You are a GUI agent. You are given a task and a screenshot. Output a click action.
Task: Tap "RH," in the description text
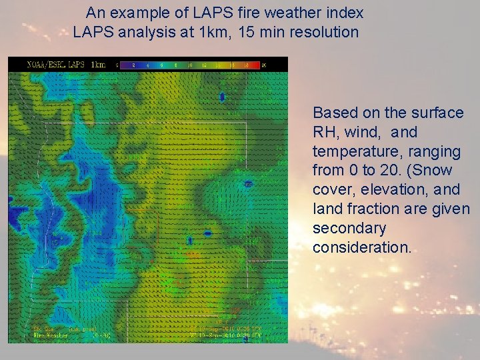(326, 132)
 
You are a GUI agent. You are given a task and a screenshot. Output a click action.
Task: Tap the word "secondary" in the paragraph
(349, 229)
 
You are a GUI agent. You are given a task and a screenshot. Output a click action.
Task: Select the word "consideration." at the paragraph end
(363, 247)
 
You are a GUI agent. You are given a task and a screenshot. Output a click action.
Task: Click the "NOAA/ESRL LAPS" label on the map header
(55, 65)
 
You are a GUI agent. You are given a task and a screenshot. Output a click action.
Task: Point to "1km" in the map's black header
(97, 65)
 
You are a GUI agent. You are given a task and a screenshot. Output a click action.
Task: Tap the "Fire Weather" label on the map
(47, 337)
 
